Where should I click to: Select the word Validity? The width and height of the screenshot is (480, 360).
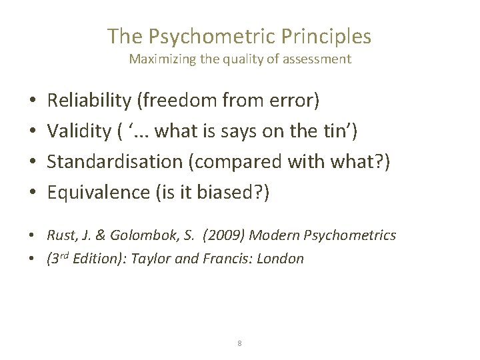pyautogui.click(x=75, y=132)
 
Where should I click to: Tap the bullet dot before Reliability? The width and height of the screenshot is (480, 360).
pyautogui.click(x=33, y=102)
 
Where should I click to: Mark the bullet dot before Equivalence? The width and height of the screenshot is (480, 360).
pyautogui.click(x=33, y=194)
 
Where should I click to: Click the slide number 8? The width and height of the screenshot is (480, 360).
pyautogui.click(x=239, y=343)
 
